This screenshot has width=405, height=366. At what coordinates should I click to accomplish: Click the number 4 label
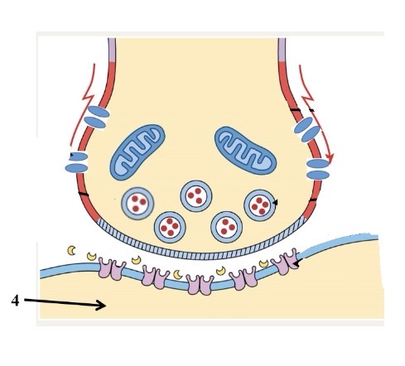(15, 301)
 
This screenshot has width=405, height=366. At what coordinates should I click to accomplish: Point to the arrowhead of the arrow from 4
(102, 306)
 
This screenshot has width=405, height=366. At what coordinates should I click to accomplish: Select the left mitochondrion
(137, 152)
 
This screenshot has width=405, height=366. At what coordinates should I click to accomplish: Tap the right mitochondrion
(245, 151)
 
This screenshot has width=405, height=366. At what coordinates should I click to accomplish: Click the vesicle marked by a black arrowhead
(259, 205)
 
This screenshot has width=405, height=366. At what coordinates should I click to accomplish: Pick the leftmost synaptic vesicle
(137, 204)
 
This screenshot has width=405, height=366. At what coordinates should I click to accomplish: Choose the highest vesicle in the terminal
(196, 196)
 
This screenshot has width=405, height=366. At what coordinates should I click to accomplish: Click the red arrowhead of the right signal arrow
(330, 157)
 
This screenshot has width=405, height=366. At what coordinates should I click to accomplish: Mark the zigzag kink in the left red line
(88, 98)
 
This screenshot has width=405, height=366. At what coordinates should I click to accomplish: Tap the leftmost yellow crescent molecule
(72, 250)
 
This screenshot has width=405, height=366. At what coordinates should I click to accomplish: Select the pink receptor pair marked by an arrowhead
(286, 262)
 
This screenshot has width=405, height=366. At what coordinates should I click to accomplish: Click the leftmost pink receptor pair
(112, 269)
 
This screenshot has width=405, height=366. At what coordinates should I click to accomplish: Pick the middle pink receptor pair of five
(200, 285)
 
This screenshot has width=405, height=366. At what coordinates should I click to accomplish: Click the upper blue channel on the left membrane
(96, 117)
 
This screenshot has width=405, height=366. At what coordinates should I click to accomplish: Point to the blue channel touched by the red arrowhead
(318, 169)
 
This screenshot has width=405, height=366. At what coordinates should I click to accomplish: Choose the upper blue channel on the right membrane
(307, 129)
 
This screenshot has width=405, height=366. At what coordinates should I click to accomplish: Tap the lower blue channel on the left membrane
(76, 162)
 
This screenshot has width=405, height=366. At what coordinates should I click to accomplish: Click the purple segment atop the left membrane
(112, 50)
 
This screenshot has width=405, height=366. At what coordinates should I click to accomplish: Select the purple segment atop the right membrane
(282, 50)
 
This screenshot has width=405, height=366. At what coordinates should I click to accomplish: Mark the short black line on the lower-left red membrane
(84, 194)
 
